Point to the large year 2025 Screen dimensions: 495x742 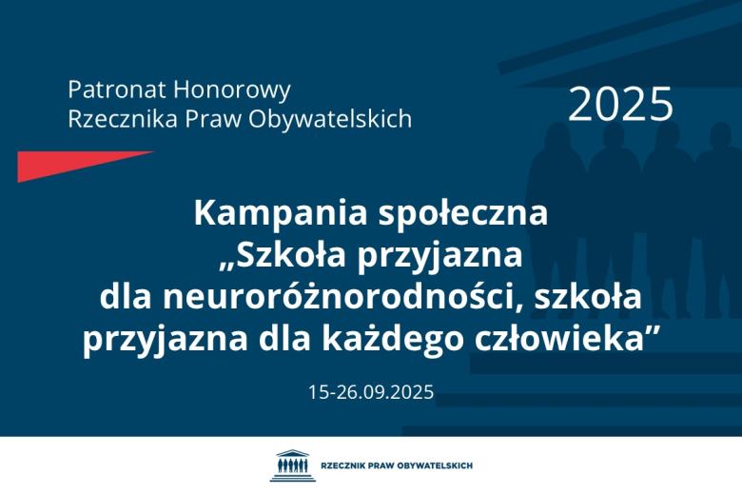click(x=620, y=105)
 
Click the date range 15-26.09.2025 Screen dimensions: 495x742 click(x=371, y=391)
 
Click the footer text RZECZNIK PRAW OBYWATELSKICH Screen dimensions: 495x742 click(x=398, y=465)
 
